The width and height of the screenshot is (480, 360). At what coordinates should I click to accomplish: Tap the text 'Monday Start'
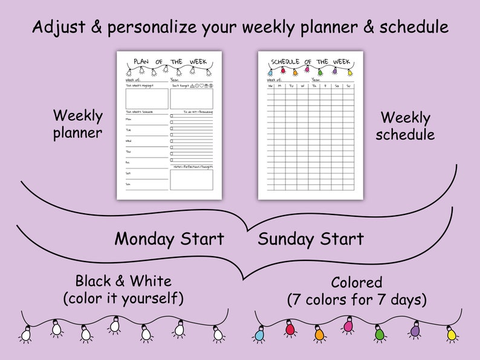point(169,239)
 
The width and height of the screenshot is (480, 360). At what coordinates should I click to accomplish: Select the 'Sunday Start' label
point(311,239)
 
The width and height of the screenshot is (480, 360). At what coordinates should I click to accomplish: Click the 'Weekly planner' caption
point(78,124)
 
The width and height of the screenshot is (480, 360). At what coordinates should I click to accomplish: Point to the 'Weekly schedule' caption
point(405,126)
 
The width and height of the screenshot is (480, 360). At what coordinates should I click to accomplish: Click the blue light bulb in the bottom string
point(259,333)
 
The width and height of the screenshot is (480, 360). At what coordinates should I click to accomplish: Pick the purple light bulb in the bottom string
point(415,330)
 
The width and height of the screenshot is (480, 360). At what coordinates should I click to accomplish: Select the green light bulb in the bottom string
point(380,333)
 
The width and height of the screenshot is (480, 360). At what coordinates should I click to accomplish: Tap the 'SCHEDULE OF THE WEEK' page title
point(310,62)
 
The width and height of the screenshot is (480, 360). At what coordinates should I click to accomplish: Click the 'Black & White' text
point(123,280)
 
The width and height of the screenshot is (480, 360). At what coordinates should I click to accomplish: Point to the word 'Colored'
point(357,282)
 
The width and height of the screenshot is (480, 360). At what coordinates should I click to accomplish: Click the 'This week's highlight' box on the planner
point(147,98)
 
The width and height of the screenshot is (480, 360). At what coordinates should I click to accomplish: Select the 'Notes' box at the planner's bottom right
point(191,179)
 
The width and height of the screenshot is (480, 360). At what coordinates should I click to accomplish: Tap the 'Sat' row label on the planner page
point(128,173)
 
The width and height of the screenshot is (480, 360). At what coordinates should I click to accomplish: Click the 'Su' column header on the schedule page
point(348,86)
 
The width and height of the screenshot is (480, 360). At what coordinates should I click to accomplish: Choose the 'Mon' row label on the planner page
point(128,119)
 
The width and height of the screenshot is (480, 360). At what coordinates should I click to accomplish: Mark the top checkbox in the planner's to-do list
point(172,114)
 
